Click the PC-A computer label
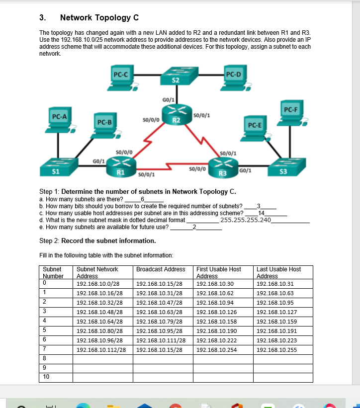pyautogui.click(x=60, y=116)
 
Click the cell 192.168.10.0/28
pyautogui.click(x=98, y=284)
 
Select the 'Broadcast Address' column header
pyautogui.click(x=161, y=269)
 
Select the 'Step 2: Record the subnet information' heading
pyautogui.click(x=97, y=241)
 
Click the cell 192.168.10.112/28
pyautogui.click(x=101, y=350)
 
